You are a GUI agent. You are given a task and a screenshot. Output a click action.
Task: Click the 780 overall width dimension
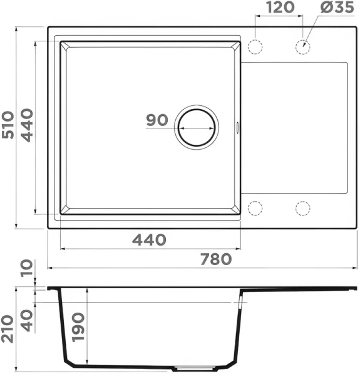(216, 259)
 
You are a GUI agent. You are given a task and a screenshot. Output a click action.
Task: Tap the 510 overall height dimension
(8, 125)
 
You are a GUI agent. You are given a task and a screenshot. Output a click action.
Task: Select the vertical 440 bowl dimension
(26, 125)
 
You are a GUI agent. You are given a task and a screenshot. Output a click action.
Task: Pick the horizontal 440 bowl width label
(149, 239)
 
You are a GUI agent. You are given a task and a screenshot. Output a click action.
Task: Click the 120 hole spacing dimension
(280, 7)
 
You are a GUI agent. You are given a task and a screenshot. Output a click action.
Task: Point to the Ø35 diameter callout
(337, 7)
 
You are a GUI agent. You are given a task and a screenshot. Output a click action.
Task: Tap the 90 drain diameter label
(157, 120)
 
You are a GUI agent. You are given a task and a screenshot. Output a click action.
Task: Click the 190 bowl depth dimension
(78, 327)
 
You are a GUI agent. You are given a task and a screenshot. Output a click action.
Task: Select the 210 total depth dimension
(7, 329)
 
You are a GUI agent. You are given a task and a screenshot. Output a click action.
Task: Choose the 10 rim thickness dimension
(26, 268)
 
